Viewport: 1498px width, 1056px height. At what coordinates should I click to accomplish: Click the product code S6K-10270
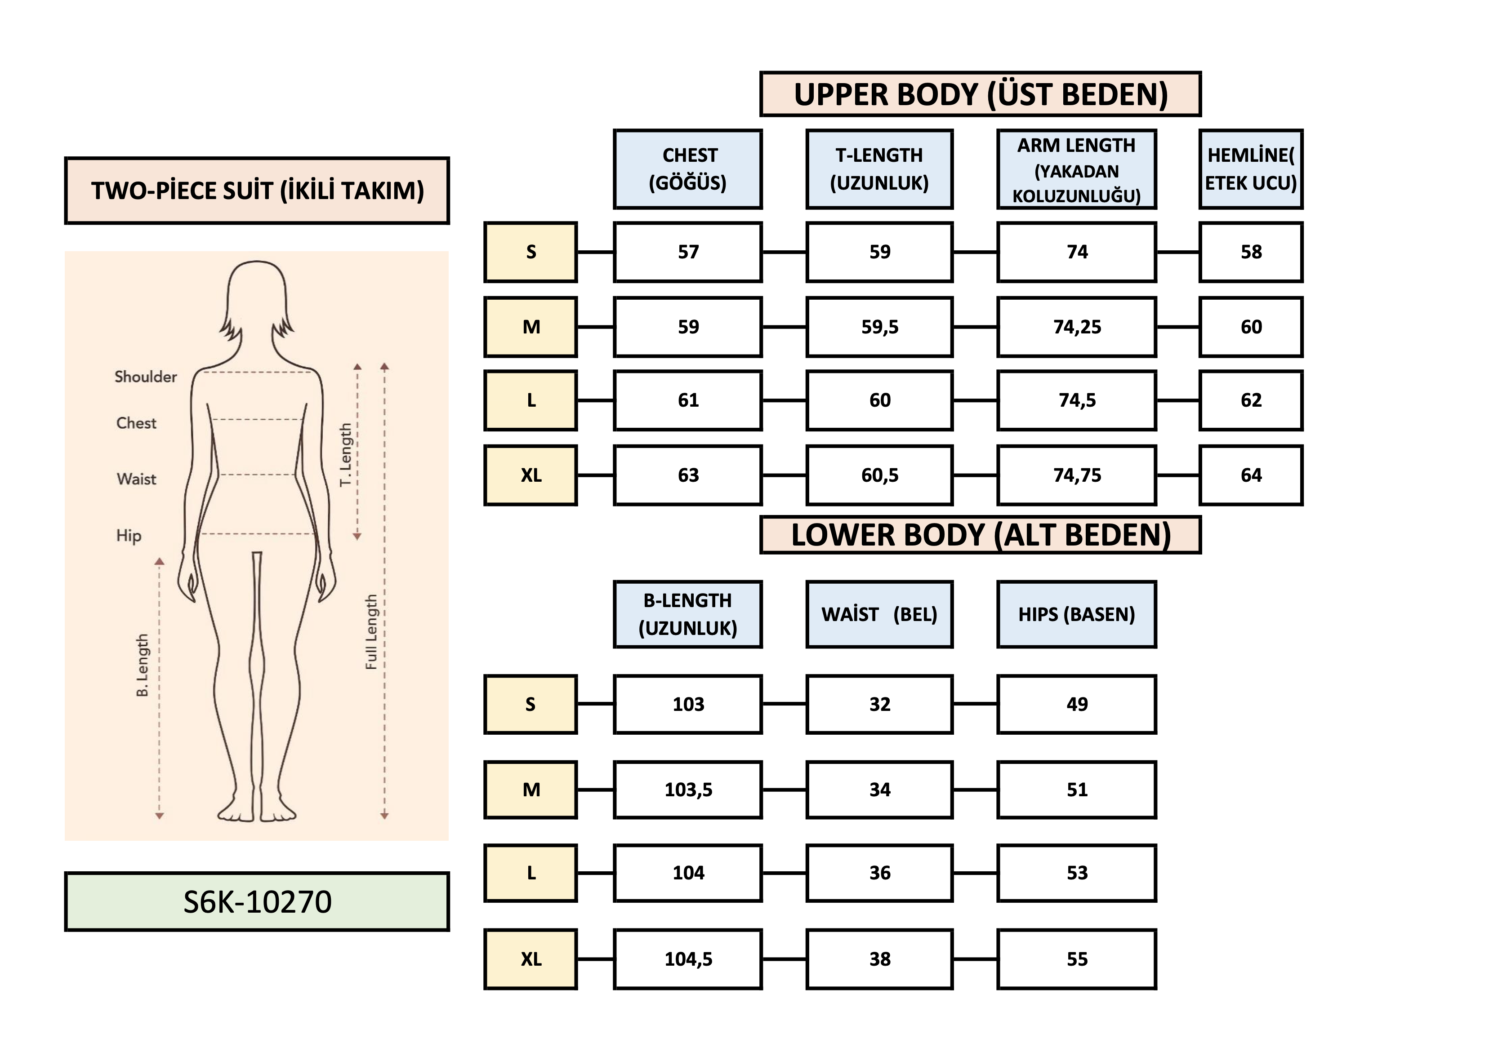257,901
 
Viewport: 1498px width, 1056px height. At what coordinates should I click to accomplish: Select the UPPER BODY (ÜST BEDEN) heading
980,94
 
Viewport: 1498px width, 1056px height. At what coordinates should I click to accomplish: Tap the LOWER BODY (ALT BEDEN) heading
980,535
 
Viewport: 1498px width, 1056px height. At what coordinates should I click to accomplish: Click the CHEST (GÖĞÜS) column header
688,169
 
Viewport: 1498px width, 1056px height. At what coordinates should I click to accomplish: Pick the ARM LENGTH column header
1077,169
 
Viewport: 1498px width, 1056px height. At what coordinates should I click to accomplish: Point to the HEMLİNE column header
1251,169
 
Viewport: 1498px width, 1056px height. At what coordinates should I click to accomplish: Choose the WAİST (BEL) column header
879,614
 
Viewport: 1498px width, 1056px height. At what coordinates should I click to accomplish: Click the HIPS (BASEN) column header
1077,614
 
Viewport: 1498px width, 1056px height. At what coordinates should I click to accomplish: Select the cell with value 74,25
1077,327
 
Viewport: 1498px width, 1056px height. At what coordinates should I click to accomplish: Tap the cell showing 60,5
879,475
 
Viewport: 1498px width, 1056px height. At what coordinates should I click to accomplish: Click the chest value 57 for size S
688,252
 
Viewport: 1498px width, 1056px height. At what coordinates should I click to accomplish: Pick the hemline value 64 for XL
1251,475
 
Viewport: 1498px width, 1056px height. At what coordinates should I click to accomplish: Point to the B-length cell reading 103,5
688,790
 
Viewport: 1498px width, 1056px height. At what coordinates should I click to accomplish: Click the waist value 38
879,959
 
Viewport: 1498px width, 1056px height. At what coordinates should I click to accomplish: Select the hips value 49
1077,705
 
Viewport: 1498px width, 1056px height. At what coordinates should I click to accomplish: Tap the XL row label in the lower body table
531,959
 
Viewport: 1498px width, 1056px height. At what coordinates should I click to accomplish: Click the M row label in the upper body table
531,327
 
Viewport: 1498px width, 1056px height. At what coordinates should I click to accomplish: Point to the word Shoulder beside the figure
146,377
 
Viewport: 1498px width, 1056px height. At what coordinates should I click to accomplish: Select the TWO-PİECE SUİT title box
257,191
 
